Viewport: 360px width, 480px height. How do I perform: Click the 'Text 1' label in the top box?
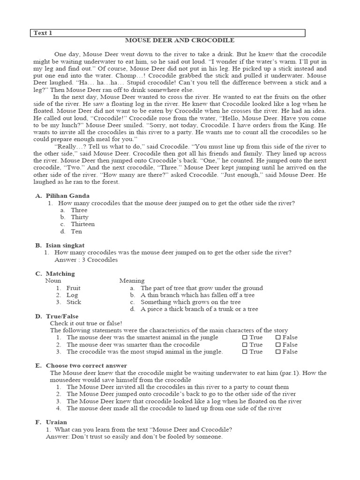tap(44, 33)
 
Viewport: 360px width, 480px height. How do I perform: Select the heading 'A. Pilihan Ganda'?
tap(62, 195)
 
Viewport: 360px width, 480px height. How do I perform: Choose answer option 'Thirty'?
tap(79, 217)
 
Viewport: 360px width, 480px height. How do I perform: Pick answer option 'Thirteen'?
tap(82, 224)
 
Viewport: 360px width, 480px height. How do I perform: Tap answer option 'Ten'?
tap(76, 231)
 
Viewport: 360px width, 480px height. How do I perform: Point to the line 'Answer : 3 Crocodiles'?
tap(86, 259)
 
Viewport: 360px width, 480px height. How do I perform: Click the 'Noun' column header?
tap(53, 281)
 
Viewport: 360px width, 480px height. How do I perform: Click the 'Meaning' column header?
tap(132, 281)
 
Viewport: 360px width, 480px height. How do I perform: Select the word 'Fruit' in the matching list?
tap(74, 288)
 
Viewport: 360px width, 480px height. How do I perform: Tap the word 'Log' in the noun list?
tap(72, 295)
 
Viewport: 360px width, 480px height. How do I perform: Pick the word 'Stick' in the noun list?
tap(74, 302)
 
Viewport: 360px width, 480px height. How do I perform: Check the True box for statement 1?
tap(245, 337)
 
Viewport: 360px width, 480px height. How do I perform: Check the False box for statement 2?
tap(278, 345)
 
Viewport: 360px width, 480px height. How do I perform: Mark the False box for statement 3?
tap(278, 352)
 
